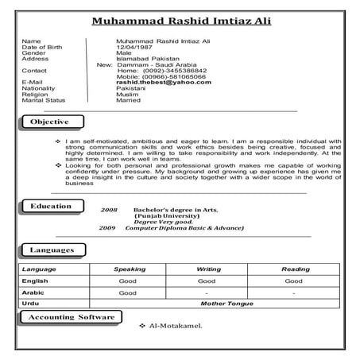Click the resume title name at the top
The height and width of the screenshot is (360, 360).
coord(180,21)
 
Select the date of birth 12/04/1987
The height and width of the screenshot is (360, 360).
coord(132,46)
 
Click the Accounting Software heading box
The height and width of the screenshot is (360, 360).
coord(72,317)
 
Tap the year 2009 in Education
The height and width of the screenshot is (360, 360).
coord(106,227)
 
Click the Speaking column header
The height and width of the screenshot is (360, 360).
coord(130,269)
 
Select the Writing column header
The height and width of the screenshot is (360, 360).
coord(208,269)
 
